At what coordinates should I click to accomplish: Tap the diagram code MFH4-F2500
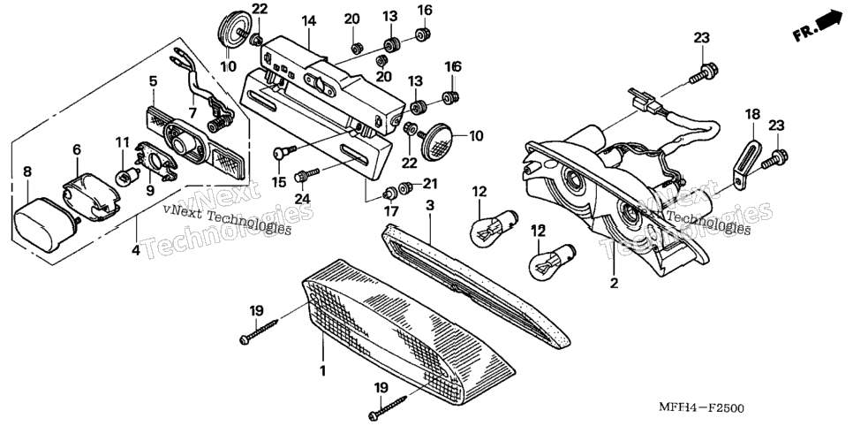(x=702, y=407)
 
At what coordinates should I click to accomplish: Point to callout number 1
(x=322, y=371)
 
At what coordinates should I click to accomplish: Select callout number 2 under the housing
(x=615, y=284)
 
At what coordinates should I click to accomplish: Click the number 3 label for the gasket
(x=430, y=205)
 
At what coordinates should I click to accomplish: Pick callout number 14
(x=308, y=21)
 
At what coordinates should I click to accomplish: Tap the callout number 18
(x=752, y=115)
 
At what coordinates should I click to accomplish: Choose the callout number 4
(x=135, y=251)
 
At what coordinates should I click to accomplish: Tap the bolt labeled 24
(x=306, y=175)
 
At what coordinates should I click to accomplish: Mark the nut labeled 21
(x=404, y=188)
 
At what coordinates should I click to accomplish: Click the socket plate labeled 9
(x=156, y=160)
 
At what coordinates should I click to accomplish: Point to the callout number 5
(x=153, y=81)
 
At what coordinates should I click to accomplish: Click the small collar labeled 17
(x=389, y=193)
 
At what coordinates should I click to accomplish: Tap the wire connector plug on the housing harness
(x=643, y=100)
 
